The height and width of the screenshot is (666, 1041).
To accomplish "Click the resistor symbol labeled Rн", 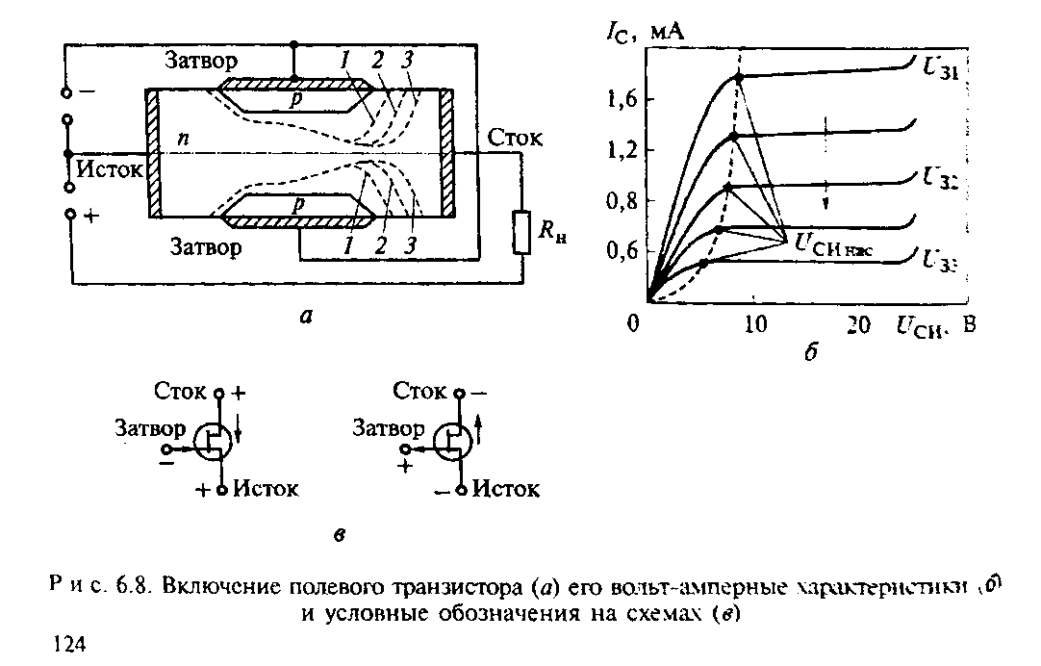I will click(x=521, y=231).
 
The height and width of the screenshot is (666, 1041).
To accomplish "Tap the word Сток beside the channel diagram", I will click(x=515, y=138).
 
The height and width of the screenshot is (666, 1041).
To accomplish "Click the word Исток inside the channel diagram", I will click(x=110, y=170).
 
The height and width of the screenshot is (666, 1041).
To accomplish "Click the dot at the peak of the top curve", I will click(x=738, y=76).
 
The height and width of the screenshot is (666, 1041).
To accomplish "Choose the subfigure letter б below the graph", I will click(x=809, y=353).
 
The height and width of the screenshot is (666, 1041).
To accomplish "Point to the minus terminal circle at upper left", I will click(x=66, y=93).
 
